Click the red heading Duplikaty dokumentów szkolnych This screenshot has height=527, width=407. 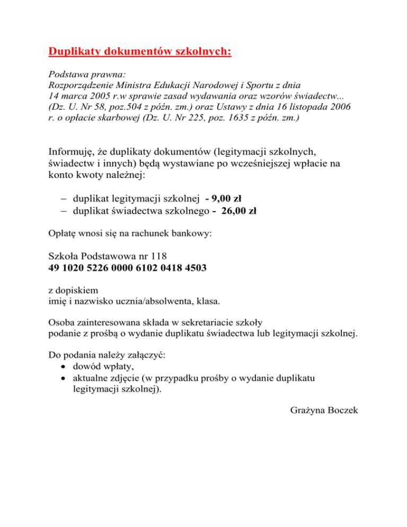140,52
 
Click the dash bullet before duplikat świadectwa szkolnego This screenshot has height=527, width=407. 64,210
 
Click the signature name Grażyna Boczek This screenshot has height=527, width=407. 325,410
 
